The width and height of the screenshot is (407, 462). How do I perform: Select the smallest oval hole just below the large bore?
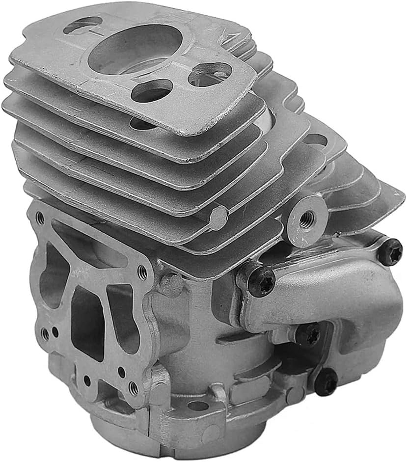click(152, 91)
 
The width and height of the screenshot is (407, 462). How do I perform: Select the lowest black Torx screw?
click(326, 381)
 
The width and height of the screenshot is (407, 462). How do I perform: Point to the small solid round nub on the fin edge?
click(219, 214)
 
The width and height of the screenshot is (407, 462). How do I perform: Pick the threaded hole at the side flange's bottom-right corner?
click(133, 387)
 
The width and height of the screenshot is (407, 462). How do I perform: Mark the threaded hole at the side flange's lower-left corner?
click(45, 334)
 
